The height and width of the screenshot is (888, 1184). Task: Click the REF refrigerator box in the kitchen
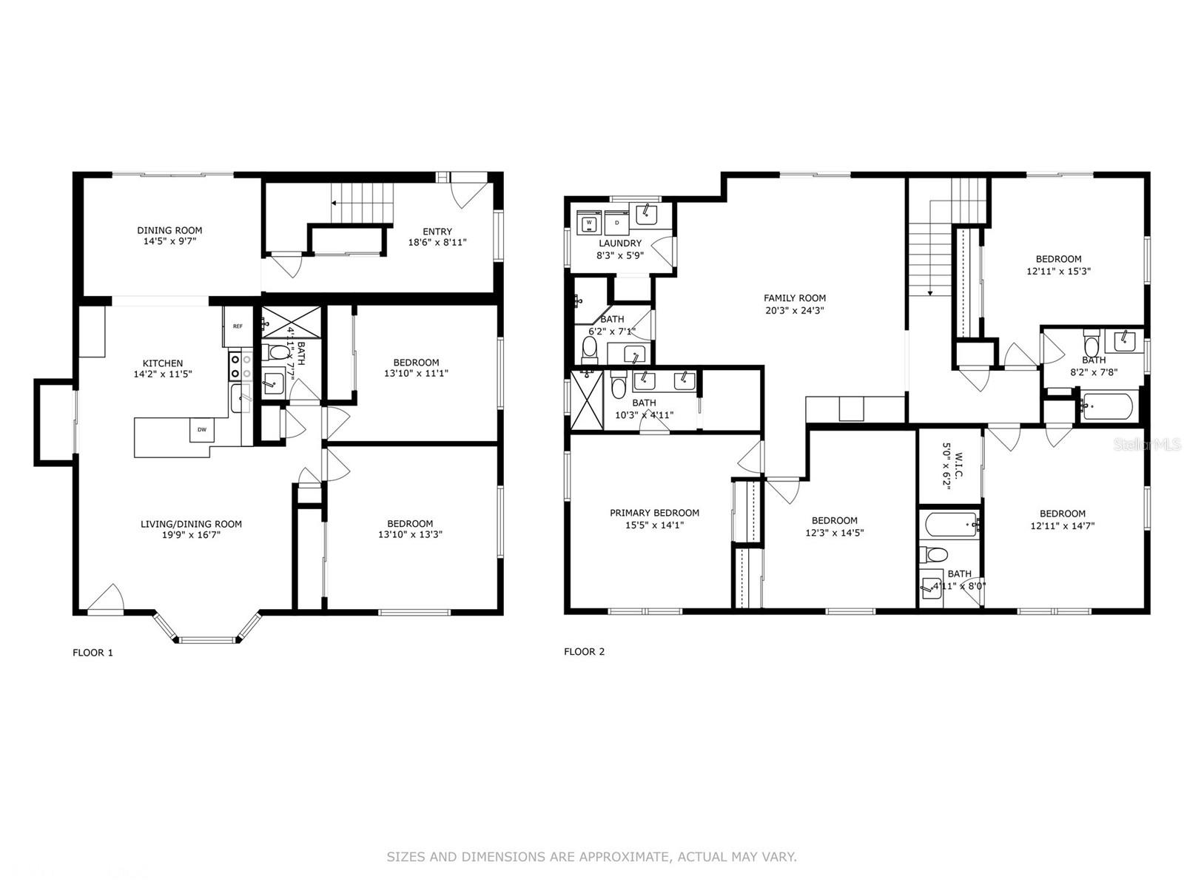click(238, 326)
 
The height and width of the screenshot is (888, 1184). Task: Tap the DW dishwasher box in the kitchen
click(201, 430)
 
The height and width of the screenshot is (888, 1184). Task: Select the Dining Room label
click(169, 230)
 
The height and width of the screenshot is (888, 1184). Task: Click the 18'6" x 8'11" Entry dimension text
click(437, 242)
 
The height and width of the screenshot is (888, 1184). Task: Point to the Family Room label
click(795, 298)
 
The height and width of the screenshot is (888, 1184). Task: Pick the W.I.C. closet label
click(958, 458)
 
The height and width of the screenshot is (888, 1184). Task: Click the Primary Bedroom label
click(654, 513)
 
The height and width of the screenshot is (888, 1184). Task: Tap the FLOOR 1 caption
click(92, 653)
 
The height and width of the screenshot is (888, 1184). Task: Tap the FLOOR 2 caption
click(584, 652)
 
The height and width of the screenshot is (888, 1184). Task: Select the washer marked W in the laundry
click(590, 222)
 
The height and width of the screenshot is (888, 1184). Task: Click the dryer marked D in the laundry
click(616, 222)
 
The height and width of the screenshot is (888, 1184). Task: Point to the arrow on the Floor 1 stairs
click(334, 202)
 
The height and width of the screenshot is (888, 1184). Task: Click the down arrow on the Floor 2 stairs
click(931, 294)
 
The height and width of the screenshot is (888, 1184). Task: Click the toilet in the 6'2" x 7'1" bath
click(591, 346)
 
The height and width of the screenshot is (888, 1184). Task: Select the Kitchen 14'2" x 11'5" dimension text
click(163, 374)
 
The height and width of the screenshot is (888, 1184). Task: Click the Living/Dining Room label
click(191, 524)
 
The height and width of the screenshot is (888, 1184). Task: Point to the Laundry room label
click(620, 243)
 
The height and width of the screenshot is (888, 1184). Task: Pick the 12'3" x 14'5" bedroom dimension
click(834, 532)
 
